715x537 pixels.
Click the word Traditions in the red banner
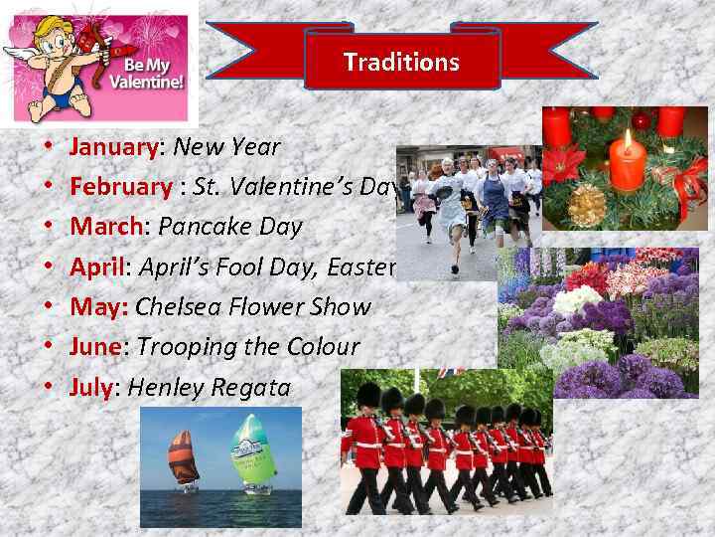click(401, 62)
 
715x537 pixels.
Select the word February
click(120, 187)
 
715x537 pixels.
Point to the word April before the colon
click(95, 267)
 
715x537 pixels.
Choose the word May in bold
click(96, 307)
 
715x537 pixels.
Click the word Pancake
click(204, 227)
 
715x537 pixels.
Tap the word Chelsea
click(179, 307)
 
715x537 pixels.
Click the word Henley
click(163, 387)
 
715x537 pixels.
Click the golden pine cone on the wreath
click(587, 204)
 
